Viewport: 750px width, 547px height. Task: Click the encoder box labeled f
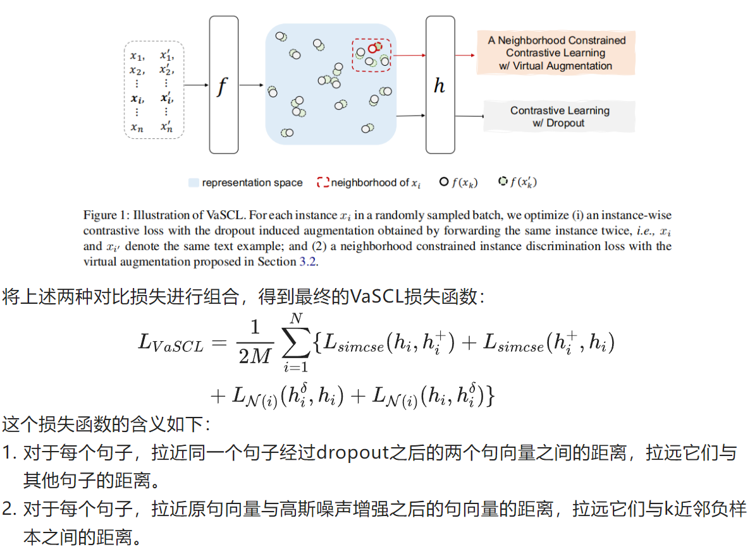coord(224,85)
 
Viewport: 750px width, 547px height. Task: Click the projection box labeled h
coord(440,85)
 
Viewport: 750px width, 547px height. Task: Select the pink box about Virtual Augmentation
coord(556,52)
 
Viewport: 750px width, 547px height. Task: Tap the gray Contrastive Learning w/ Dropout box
coord(559,117)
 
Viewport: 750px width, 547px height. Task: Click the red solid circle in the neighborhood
coord(372,49)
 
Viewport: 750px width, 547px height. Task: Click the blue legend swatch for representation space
coord(194,183)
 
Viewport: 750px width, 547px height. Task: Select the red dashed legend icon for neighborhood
coord(323,183)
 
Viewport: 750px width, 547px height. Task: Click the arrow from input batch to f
coord(197,85)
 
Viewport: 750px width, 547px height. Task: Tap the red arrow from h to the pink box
coord(465,56)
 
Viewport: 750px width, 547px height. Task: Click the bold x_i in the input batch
coord(137,99)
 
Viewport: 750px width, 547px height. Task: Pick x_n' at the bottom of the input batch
coord(166,126)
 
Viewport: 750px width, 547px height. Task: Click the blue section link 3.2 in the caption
coord(307,261)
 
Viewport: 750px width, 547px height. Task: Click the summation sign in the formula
coord(297,342)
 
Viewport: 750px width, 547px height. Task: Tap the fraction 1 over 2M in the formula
coord(255,342)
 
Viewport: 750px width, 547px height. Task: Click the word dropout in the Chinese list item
coord(353,452)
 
